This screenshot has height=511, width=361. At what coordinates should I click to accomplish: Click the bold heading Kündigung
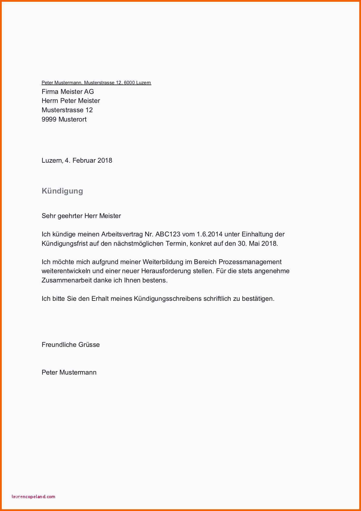tap(62, 191)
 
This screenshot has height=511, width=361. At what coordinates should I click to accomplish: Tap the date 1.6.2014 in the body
tap(210, 234)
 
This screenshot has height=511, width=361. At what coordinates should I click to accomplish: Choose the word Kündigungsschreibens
tap(168, 298)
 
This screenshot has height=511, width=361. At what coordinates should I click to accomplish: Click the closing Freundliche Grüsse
tap(70, 345)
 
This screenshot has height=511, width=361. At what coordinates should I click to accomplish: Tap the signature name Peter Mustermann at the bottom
tap(69, 372)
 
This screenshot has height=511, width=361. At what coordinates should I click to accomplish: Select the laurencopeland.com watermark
tap(33, 496)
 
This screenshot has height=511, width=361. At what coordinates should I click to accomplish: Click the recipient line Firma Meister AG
tap(68, 92)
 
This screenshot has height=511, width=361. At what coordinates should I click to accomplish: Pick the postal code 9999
tap(49, 119)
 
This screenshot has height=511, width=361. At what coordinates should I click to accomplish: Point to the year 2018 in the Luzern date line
tap(105, 160)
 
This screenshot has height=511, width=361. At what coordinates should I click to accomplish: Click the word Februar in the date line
tap(84, 160)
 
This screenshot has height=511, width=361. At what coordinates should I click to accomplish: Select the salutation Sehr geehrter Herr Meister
tap(81, 216)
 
